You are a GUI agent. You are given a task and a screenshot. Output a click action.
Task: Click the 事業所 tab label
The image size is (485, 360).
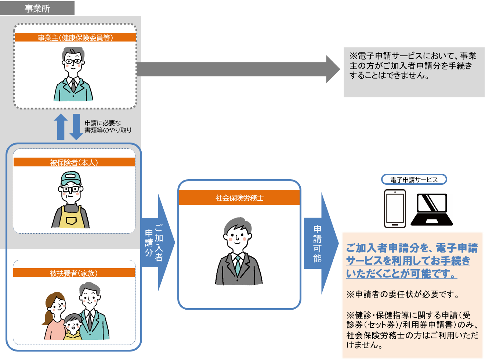click(x=37, y=8)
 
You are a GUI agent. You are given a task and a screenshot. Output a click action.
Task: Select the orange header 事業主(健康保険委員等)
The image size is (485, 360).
click(x=75, y=37)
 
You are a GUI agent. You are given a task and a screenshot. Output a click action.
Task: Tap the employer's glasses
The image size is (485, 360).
click(x=73, y=61)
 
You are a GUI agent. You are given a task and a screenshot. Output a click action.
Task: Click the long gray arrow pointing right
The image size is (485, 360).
click(x=235, y=69)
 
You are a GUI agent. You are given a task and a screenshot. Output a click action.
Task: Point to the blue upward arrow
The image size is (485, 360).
click(x=61, y=127)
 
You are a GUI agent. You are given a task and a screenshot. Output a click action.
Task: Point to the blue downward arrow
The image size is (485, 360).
click(x=76, y=127)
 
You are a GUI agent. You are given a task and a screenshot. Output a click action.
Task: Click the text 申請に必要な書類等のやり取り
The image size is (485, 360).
click(x=108, y=127)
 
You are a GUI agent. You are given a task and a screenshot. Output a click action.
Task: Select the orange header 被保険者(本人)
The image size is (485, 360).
click(x=74, y=162)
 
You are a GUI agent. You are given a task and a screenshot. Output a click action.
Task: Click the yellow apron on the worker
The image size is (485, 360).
click(x=71, y=220)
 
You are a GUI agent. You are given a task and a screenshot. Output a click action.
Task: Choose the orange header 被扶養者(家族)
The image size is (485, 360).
click(x=74, y=273)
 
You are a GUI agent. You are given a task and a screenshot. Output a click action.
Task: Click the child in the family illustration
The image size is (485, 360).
click(x=73, y=327)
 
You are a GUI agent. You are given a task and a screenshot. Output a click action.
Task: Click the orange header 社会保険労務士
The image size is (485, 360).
click(x=239, y=198)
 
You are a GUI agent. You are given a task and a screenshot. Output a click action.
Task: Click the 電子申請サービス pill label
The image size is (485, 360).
click(x=414, y=180)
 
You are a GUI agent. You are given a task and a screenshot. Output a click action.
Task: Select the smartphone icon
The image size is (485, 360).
click(x=395, y=208)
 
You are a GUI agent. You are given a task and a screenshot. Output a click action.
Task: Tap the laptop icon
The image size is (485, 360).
click(x=431, y=209)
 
